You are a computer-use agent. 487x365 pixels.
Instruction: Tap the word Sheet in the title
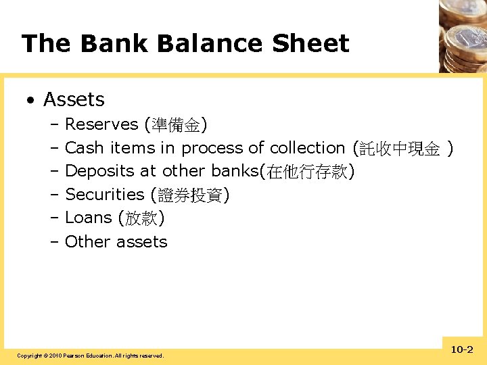point(310,44)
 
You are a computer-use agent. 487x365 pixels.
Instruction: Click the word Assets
point(74,99)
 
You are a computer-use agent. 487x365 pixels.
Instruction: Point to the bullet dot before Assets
point(30,101)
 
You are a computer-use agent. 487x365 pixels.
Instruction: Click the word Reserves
point(101,124)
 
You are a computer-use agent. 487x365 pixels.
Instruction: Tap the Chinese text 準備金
point(176,125)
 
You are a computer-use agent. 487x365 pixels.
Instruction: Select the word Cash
point(85,148)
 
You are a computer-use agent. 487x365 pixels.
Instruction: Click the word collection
point(307,148)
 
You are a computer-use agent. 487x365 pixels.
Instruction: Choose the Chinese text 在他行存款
point(307,172)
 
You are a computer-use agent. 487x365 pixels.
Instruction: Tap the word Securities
point(105,195)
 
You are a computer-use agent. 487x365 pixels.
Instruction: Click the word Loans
point(88,218)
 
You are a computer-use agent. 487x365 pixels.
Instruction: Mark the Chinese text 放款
point(141,218)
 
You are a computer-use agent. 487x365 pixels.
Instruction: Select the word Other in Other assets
point(86,241)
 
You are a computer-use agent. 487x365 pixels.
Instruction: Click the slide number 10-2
point(462,349)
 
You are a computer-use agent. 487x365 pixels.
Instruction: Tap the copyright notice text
point(90,356)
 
